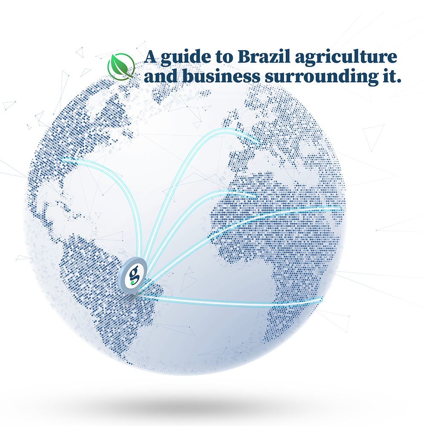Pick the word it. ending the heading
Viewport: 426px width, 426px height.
pos(389,77)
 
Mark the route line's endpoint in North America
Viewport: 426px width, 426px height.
pos(63,161)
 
